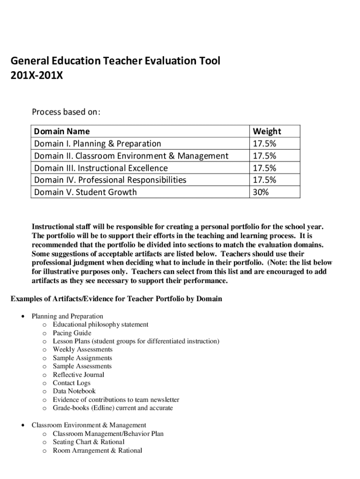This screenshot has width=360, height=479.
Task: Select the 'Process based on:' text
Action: [66, 112]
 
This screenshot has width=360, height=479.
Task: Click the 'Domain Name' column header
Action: [62, 131]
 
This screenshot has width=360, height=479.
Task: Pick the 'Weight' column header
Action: [267, 131]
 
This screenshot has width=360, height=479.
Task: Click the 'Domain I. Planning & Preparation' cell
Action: [97, 144]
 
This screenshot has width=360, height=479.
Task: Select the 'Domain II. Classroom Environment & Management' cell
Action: [131, 156]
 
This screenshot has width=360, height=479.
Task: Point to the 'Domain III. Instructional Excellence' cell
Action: [101, 168]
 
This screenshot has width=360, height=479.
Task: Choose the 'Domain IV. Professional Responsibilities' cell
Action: [110, 180]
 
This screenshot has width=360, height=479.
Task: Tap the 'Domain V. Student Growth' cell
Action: [86, 192]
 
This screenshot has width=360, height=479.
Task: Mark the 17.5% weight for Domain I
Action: [264, 144]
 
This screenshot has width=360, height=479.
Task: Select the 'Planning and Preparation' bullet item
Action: [67, 316]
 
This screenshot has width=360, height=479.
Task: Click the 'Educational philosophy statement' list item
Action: [101, 325]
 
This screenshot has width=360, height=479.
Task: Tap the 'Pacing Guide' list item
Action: [72, 333]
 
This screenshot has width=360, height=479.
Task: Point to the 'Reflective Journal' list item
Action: [79, 375]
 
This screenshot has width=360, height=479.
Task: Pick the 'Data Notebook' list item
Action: [74, 391]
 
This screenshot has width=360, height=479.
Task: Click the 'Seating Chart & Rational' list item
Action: [88, 442]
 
